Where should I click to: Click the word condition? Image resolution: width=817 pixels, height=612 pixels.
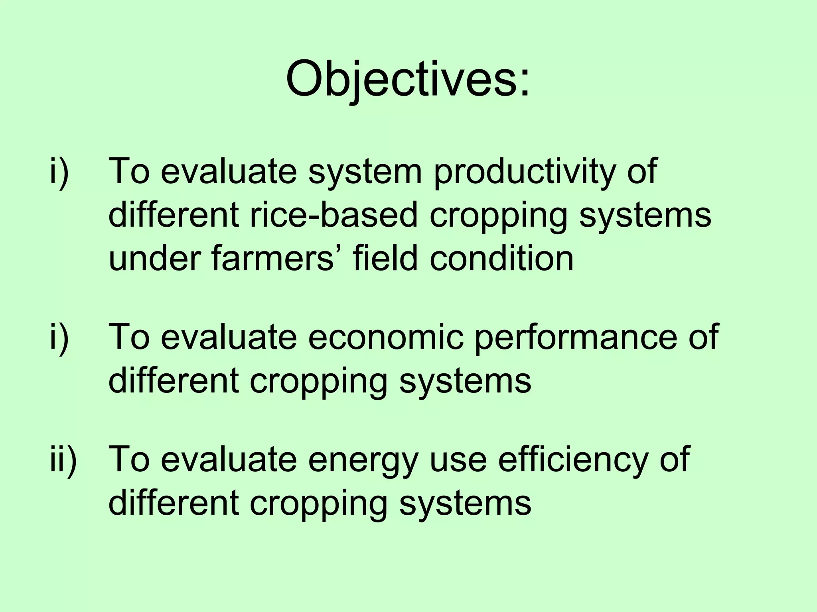coord(501,259)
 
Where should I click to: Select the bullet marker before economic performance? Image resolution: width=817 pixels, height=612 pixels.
coord(59,337)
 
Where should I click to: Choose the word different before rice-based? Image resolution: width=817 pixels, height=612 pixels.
coord(174,215)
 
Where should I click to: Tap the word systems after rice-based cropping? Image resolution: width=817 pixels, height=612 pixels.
coord(645,215)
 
